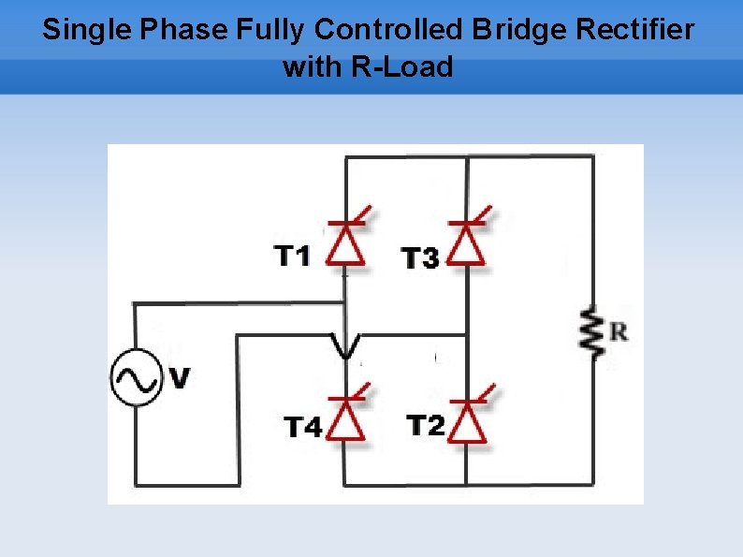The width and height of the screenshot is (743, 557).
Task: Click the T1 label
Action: (x=292, y=256)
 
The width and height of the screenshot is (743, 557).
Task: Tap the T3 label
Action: (x=420, y=258)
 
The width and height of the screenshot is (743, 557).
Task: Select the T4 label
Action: (x=303, y=428)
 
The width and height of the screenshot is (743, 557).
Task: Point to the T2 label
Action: (x=426, y=426)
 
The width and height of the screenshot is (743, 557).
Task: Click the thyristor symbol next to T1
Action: (x=346, y=242)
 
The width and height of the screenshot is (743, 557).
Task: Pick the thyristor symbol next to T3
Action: (x=466, y=242)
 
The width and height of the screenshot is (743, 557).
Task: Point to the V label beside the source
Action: (x=180, y=378)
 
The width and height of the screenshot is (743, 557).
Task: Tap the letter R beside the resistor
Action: (x=619, y=331)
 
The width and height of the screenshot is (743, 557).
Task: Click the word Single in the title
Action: (x=87, y=30)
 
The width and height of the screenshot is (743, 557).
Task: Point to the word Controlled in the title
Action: (x=388, y=30)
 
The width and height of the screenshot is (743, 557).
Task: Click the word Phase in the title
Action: (x=183, y=30)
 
